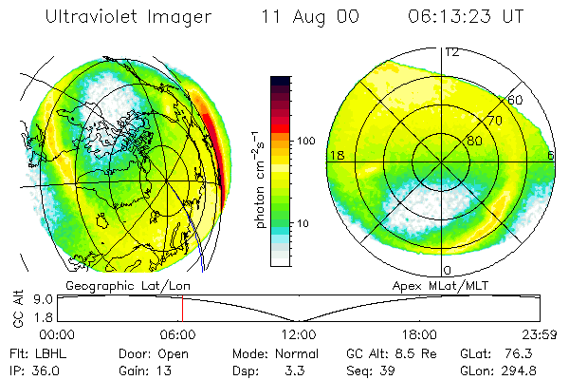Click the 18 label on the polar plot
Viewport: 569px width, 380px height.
(334, 154)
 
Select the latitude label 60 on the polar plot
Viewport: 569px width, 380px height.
(515, 99)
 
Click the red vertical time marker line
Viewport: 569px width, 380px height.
(182, 308)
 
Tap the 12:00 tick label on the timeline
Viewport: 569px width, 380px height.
(298, 333)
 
